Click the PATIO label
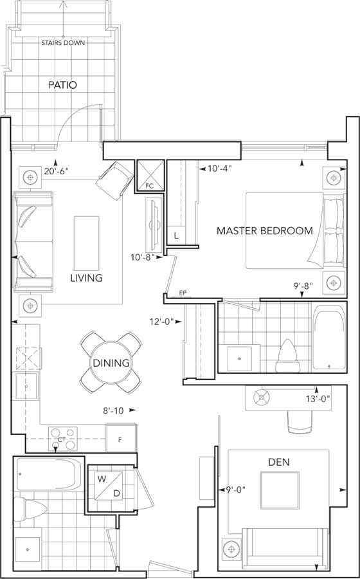pyautogui.click(x=63, y=85)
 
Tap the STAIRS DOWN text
pyautogui.click(x=63, y=43)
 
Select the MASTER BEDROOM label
pyautogui.click(x=264, y=231)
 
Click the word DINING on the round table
pyautogui.click(x=111, y=363)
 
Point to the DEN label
pyautogui.click(x=279, y=461)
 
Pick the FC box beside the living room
pyautogui.click(x=150, y=176)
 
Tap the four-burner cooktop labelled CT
pyautogui.click(x=63, y=439)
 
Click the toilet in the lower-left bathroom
pyautogui.click(x=31, y=510)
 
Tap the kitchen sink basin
pyautogui.click(x=26, y=385)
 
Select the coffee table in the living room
pyautogui.click(x=86, y=243)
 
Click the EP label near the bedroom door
pyautogui.click(x=182, y=293)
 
